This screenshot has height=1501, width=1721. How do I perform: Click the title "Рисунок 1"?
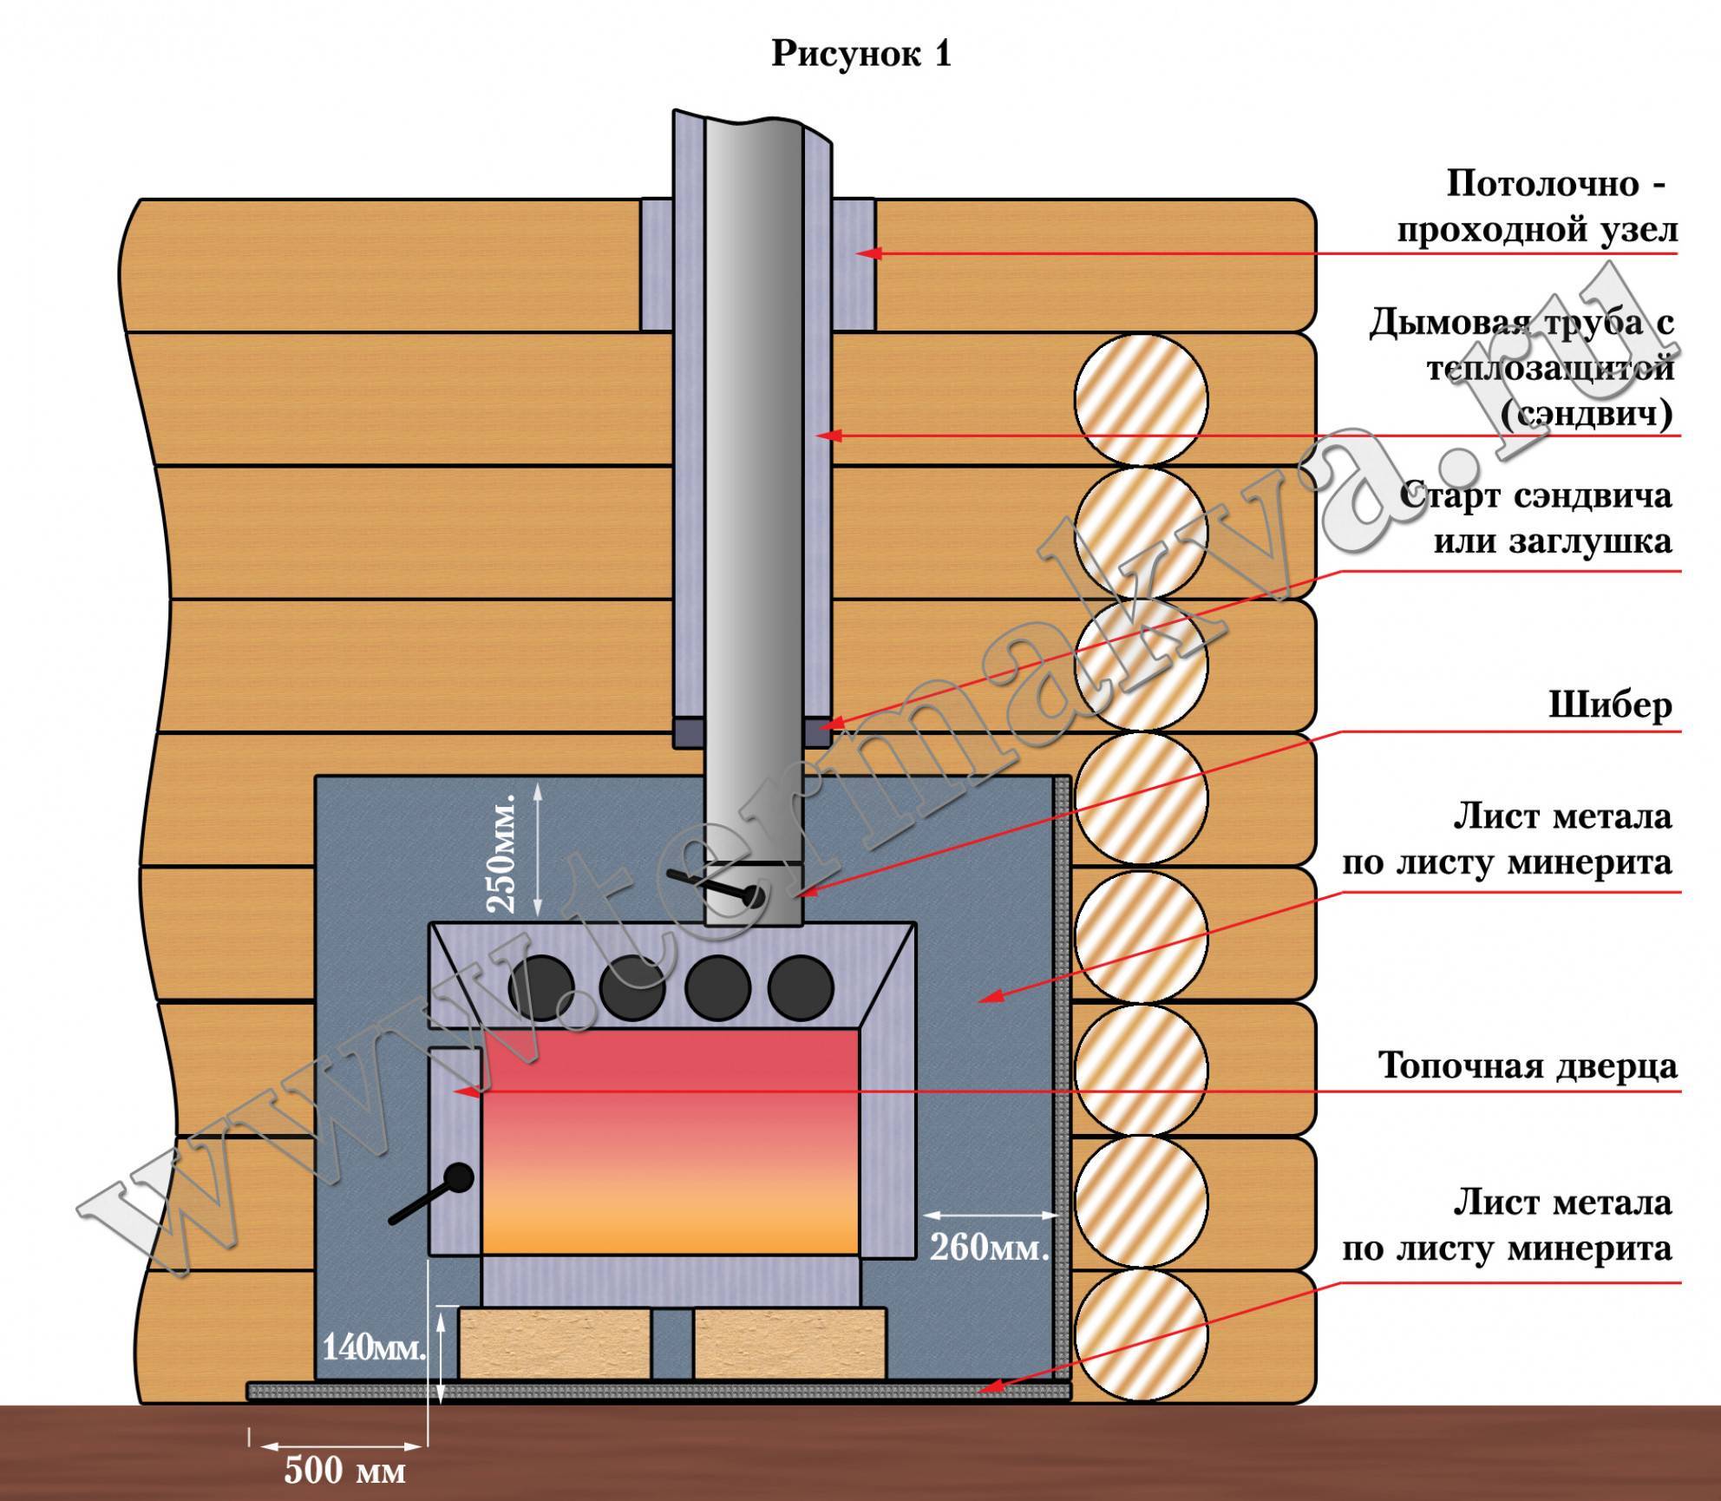861,55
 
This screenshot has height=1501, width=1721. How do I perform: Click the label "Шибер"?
1610,705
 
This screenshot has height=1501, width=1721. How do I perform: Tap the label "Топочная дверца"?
1528,1066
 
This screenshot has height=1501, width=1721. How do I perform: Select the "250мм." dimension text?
504,852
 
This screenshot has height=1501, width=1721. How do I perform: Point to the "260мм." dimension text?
990,1248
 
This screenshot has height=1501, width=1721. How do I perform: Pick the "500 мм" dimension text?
345,1471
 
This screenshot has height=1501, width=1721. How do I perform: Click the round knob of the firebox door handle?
458,1178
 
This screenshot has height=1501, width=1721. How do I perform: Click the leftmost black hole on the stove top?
540,987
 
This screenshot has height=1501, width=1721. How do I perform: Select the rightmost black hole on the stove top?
801,987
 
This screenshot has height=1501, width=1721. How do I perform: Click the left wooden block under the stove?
555,1355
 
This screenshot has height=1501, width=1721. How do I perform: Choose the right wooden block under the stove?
789,1355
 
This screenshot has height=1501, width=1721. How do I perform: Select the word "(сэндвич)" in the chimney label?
1587,415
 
